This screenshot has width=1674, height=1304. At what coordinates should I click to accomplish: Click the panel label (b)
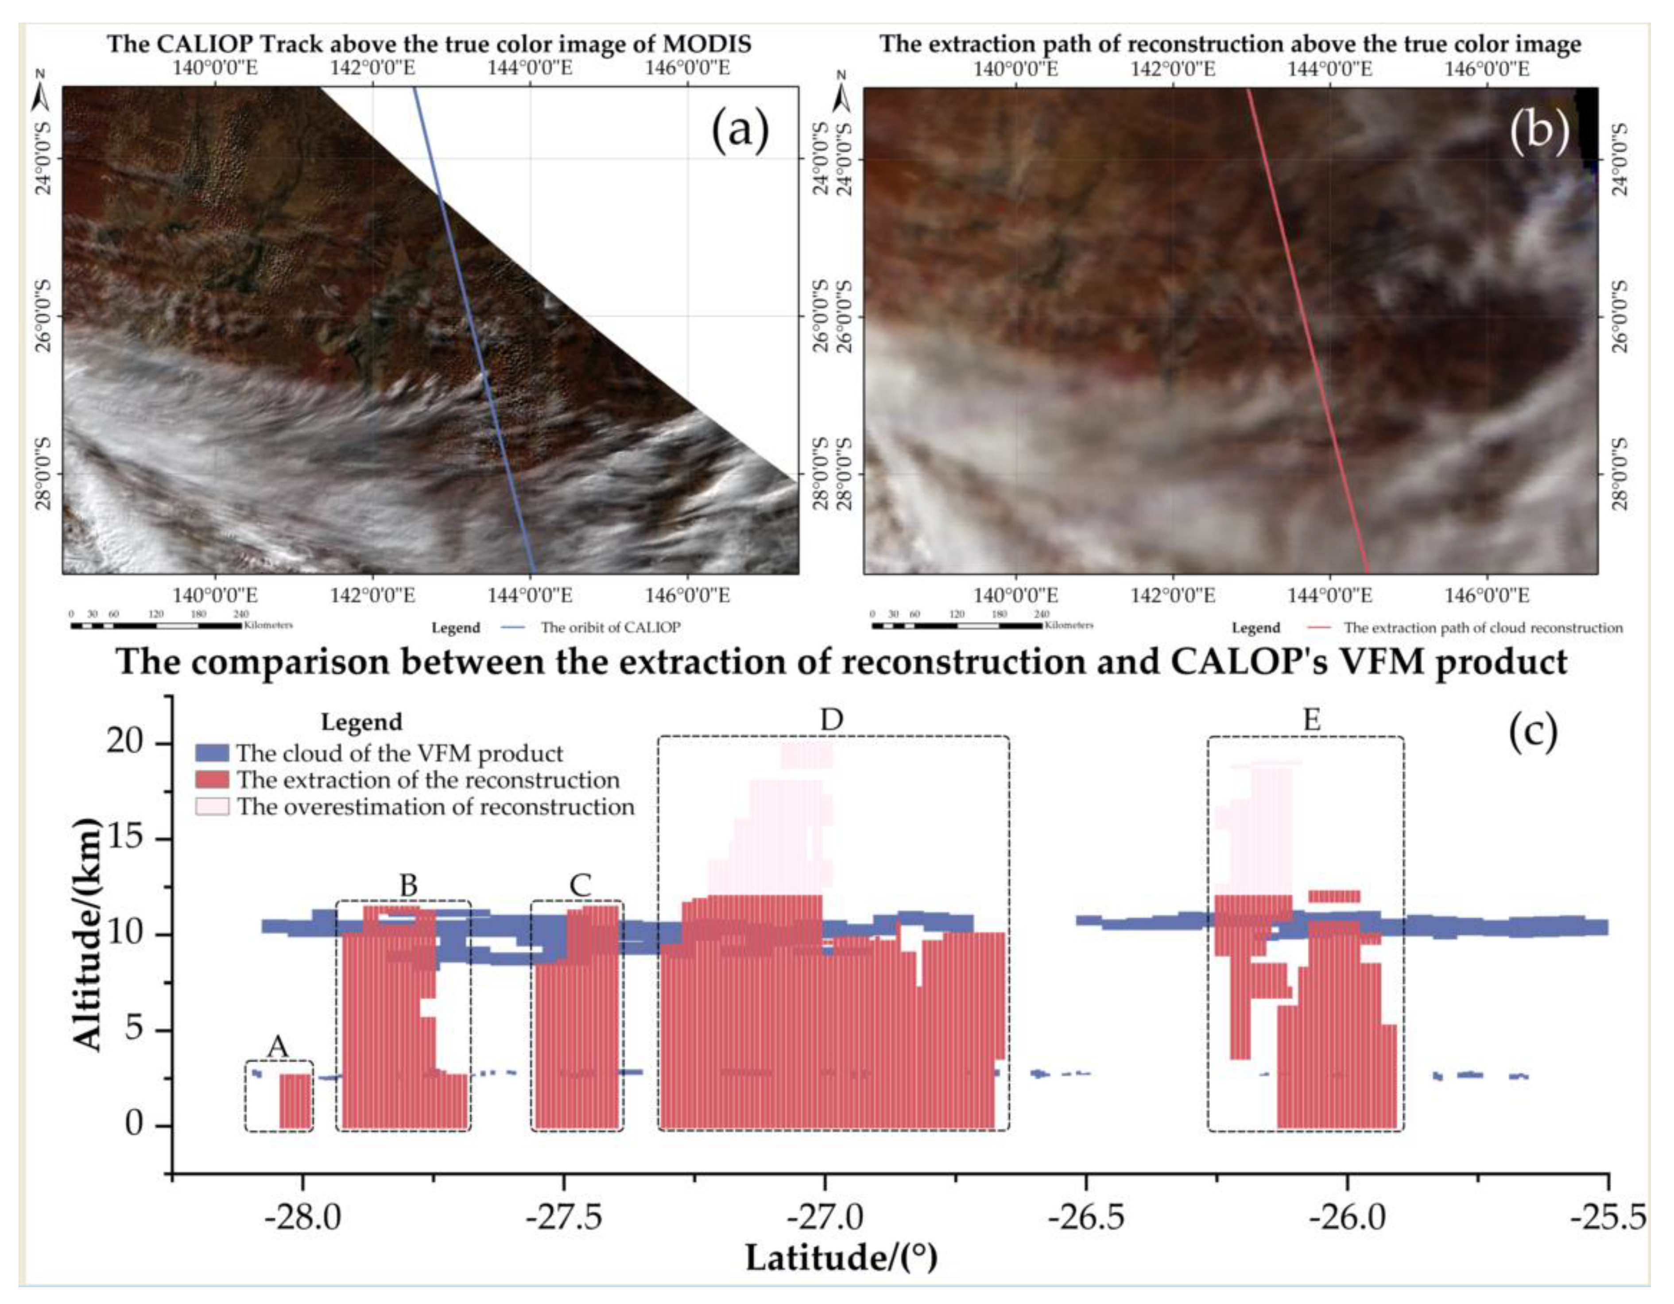[x=1539, y=130]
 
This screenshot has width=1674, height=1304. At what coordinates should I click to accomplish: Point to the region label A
[x=278, y=1046]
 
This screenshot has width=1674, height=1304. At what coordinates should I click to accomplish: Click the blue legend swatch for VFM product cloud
[x=212, y=753]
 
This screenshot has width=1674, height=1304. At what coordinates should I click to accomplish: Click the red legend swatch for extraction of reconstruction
[x=212, y=780]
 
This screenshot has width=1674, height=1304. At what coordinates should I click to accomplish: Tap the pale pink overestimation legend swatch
[x=212, y=807]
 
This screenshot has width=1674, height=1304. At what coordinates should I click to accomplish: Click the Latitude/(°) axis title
[x=841, y=1259]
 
